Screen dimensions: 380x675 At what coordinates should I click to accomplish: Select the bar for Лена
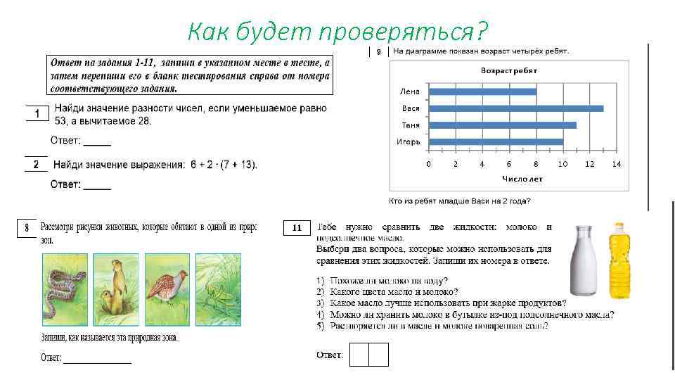point(482,91)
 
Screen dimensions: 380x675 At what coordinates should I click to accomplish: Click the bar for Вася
point(516,108)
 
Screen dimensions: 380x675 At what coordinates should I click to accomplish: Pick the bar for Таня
point(503,125)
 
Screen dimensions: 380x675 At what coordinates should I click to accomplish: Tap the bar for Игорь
point(496,142)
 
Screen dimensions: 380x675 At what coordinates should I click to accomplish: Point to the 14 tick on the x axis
point(617,164)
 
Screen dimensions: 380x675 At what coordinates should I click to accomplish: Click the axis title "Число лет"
point(521,179)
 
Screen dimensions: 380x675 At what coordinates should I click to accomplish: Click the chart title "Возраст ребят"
point(509,71)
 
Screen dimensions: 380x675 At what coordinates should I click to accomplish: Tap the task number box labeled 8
point(27,228)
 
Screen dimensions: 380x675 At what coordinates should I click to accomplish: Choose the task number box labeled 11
point(297,228)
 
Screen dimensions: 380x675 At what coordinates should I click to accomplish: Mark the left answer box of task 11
point(359,355)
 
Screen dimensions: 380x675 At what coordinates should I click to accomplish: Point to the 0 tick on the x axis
point(428,164)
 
